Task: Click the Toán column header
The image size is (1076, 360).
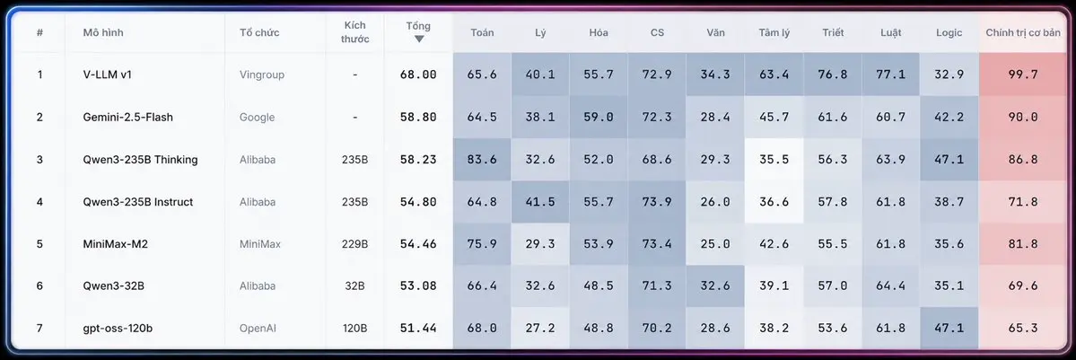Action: [x=482, y=32]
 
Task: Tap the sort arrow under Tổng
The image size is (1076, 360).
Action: [x=418, y=40]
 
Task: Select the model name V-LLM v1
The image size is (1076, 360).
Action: [x=107, y=75]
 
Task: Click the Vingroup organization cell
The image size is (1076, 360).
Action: [x=261, y=75]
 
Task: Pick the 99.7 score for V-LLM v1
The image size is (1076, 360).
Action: [x=1022, y=75]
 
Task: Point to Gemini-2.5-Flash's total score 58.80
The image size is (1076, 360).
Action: [x=418, y=117]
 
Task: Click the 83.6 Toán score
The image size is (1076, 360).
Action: [x=482, y=160]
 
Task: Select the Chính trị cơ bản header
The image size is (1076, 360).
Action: [x=1023, y=32]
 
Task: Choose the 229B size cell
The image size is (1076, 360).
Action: [x=354, y=244]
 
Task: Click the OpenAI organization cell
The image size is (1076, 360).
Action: [x=258, y=329]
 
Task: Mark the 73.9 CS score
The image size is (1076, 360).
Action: [x=657, y=202]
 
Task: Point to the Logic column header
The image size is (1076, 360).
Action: [x=949, y=32]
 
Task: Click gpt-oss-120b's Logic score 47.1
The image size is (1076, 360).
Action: [x=949, y=329]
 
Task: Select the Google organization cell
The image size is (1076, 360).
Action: [x=257, y=117]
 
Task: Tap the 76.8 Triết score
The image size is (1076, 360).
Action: [x=833, y=75]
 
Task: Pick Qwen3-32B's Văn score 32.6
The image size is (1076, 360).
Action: [x=715, y=285]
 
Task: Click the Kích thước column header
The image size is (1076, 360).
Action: [x=354, y=32]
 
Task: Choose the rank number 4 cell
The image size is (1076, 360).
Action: [x=39, y=202]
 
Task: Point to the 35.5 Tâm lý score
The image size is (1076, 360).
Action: [x=774, y=160]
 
